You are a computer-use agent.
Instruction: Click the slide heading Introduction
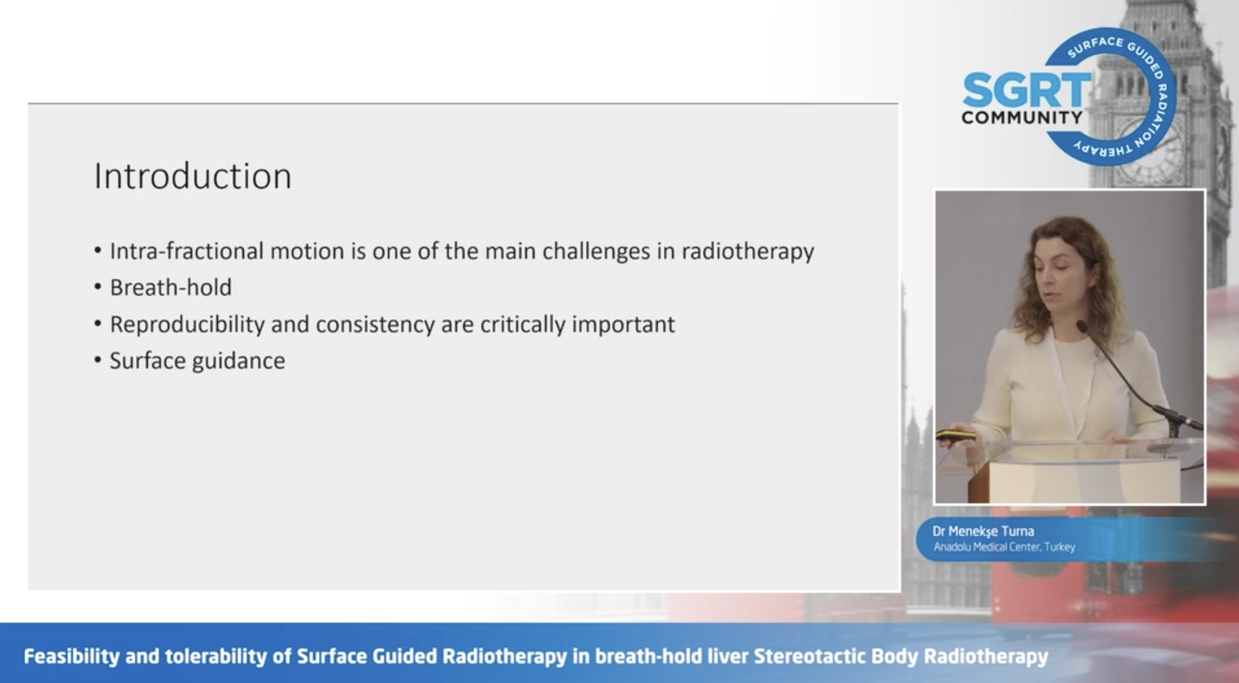(x=192, y=176)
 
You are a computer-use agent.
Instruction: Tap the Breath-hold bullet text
(x=171, y=288)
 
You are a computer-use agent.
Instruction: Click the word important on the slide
(x=623, y=324)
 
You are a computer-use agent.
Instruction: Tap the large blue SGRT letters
(x=1026, y=90)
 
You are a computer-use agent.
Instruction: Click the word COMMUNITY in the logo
(x=1022, y=117)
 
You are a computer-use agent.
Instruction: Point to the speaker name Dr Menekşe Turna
(x=983, y=531)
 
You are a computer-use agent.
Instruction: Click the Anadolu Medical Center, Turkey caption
(x=1004, y=547)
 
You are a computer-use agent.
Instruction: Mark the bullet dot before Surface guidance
(x=98, y=360)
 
